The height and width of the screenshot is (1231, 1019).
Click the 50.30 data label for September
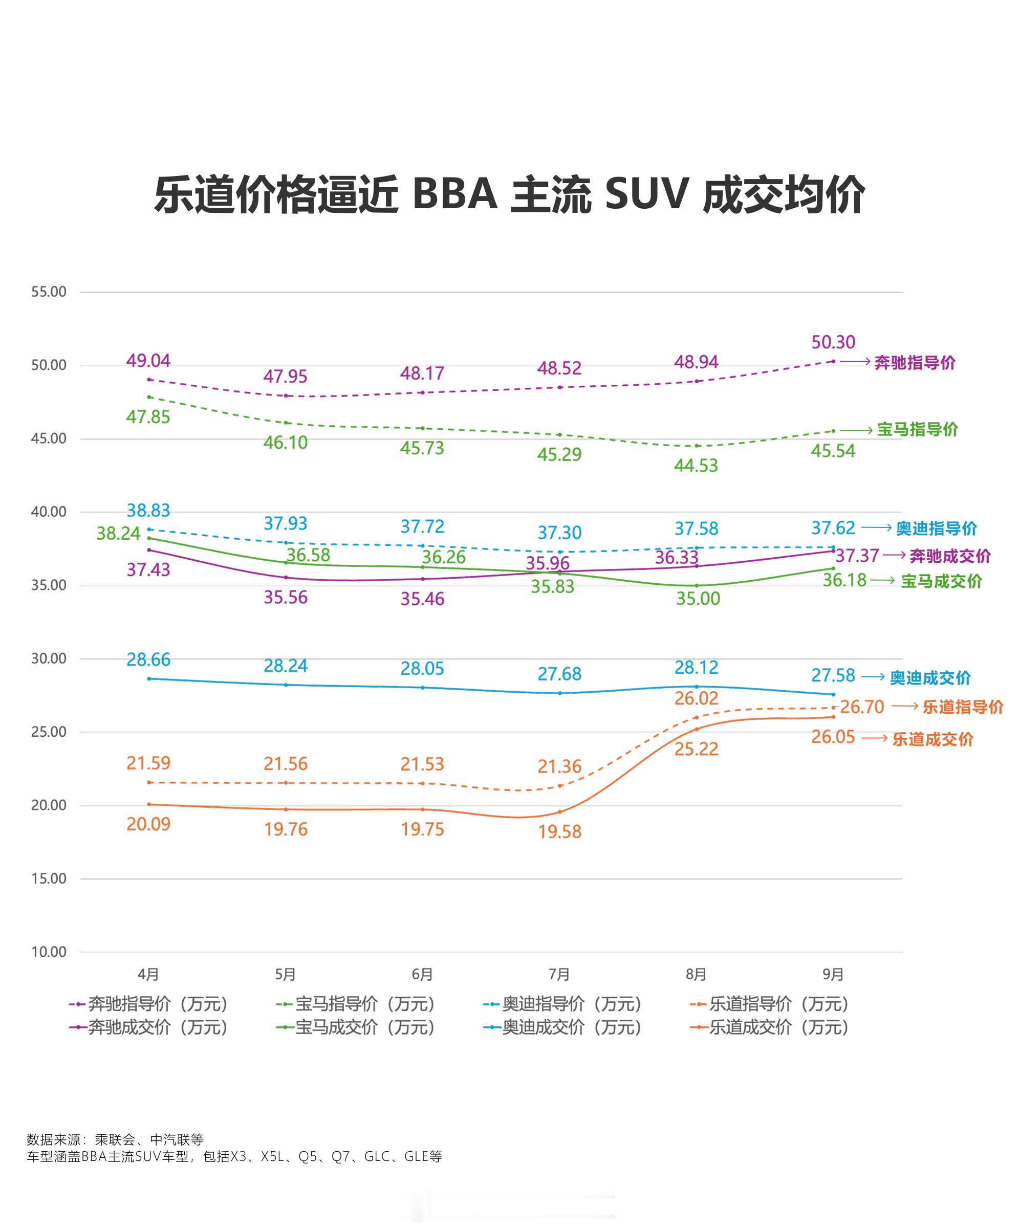[x=833, y=342]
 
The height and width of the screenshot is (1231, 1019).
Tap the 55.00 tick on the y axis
[x=49, y=292]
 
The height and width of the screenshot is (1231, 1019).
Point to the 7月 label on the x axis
[x=559, y=974]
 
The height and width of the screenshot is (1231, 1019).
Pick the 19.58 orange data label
[x=559, y=831]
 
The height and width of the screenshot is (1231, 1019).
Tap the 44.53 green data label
[x=696, y=466]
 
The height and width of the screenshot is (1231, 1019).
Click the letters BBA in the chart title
[x=455, y=194]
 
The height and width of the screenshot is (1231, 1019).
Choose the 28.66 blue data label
[x=148, y=660]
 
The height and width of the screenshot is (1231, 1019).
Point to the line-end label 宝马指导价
[x=917, y=429]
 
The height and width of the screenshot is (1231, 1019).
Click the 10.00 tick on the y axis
[x=49, y=952]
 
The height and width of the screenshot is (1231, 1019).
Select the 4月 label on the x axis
[x=148, y=974]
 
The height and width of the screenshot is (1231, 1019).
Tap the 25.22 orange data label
[x=696, y=749]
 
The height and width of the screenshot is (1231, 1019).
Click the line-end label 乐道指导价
[x=963, y=707]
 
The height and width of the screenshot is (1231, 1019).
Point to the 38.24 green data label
[x=118, y=534]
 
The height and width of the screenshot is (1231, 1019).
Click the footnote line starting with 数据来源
[x=115, y=1139]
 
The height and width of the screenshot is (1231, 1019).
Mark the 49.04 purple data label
[x=148, y=361]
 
